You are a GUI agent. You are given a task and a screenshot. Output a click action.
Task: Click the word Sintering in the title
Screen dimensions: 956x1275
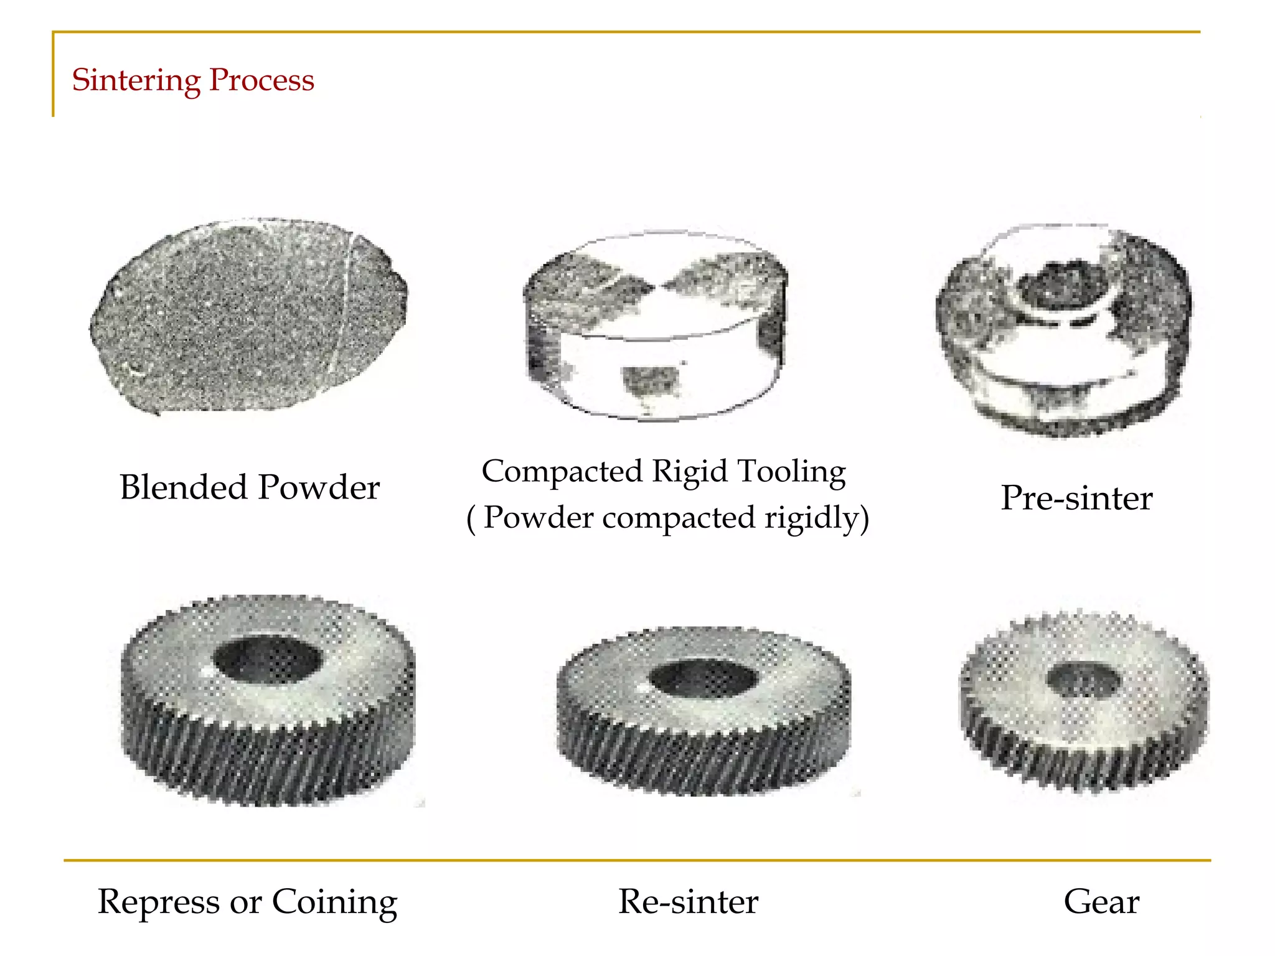point(136,80)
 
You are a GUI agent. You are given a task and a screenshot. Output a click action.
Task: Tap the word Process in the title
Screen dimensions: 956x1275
point(261,80)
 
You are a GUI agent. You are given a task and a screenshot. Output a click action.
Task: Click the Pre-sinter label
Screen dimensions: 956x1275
point(1076,498)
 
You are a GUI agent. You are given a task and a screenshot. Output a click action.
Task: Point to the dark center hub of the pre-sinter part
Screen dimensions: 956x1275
point(1063,285)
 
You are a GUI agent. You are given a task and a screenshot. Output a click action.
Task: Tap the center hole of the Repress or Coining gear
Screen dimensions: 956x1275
point(268,660)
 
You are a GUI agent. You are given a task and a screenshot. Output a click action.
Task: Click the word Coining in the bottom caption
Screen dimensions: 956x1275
point(334,902)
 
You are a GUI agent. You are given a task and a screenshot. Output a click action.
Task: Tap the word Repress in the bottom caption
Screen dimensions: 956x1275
point(159,902)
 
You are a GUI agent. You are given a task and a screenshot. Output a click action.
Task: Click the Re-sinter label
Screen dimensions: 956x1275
point(688,902)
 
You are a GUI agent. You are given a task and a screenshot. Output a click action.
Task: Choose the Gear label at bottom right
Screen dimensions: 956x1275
point(1101,902)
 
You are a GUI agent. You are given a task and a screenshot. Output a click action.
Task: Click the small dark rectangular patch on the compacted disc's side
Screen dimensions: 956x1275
point(650,380)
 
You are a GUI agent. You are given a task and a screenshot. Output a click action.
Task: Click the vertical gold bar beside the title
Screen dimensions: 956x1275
point(53,75)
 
